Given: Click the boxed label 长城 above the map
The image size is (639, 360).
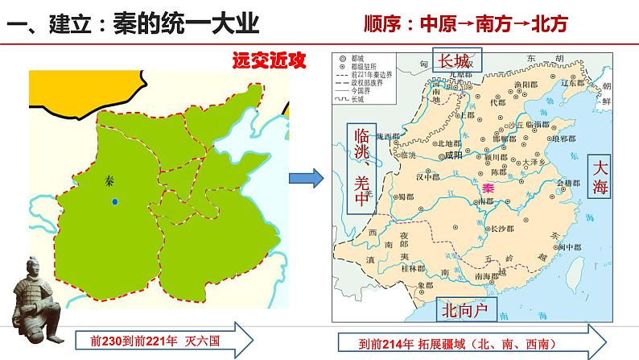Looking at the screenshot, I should pos(456,60).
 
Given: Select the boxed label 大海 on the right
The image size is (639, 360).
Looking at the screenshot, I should pos(603,177).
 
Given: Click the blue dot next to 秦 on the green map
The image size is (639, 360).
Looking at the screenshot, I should pos(116,201).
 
